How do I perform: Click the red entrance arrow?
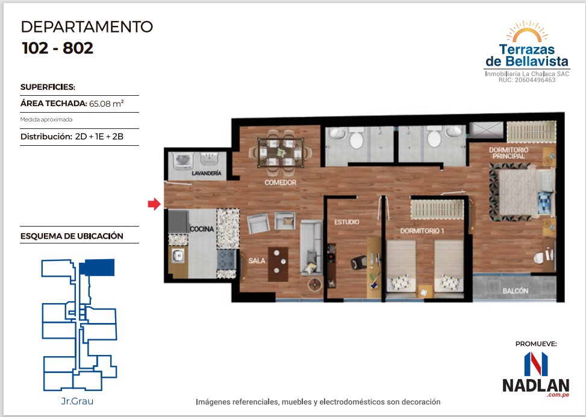tap(154, 204)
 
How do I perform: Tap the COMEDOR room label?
tap(280, 183)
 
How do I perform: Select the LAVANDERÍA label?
tap(207, 173)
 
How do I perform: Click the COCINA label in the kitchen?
tap(202, 229)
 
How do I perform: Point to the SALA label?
tap(257, 261)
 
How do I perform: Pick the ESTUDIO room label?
tap(346, 222)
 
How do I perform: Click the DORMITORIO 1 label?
tap(422, 231)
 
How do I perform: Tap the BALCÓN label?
tap(516, 290)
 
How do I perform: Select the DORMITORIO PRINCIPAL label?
tap(509, 153)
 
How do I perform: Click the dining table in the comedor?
tap(281, 153)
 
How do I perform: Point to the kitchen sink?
tap(178, 256)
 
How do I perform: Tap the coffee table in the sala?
tap(278, 264)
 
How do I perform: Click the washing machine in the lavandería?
tap(182, 160)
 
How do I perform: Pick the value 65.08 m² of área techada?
tap(106, 104)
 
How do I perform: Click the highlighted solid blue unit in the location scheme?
tap(97, 268)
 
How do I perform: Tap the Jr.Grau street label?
tap(77, 401)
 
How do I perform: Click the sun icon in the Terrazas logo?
tap(527, 31)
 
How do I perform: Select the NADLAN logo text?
tap(536, 385)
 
